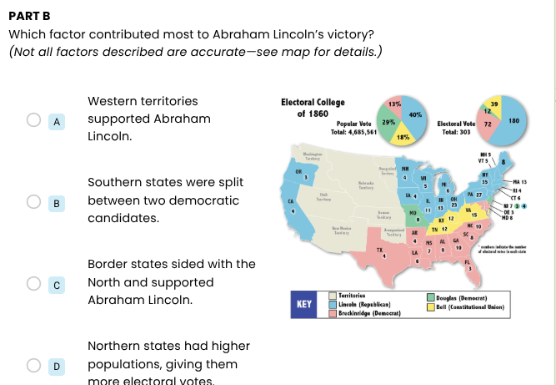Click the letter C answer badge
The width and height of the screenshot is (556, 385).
(x=57, y=283)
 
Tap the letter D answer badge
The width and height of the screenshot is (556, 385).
(x=57, y=364)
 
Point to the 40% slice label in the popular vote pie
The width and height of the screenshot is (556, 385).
(x=415, y=114)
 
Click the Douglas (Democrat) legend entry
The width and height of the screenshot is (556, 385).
(x=462, y=297)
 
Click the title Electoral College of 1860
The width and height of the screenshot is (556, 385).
(x=313, y=108)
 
